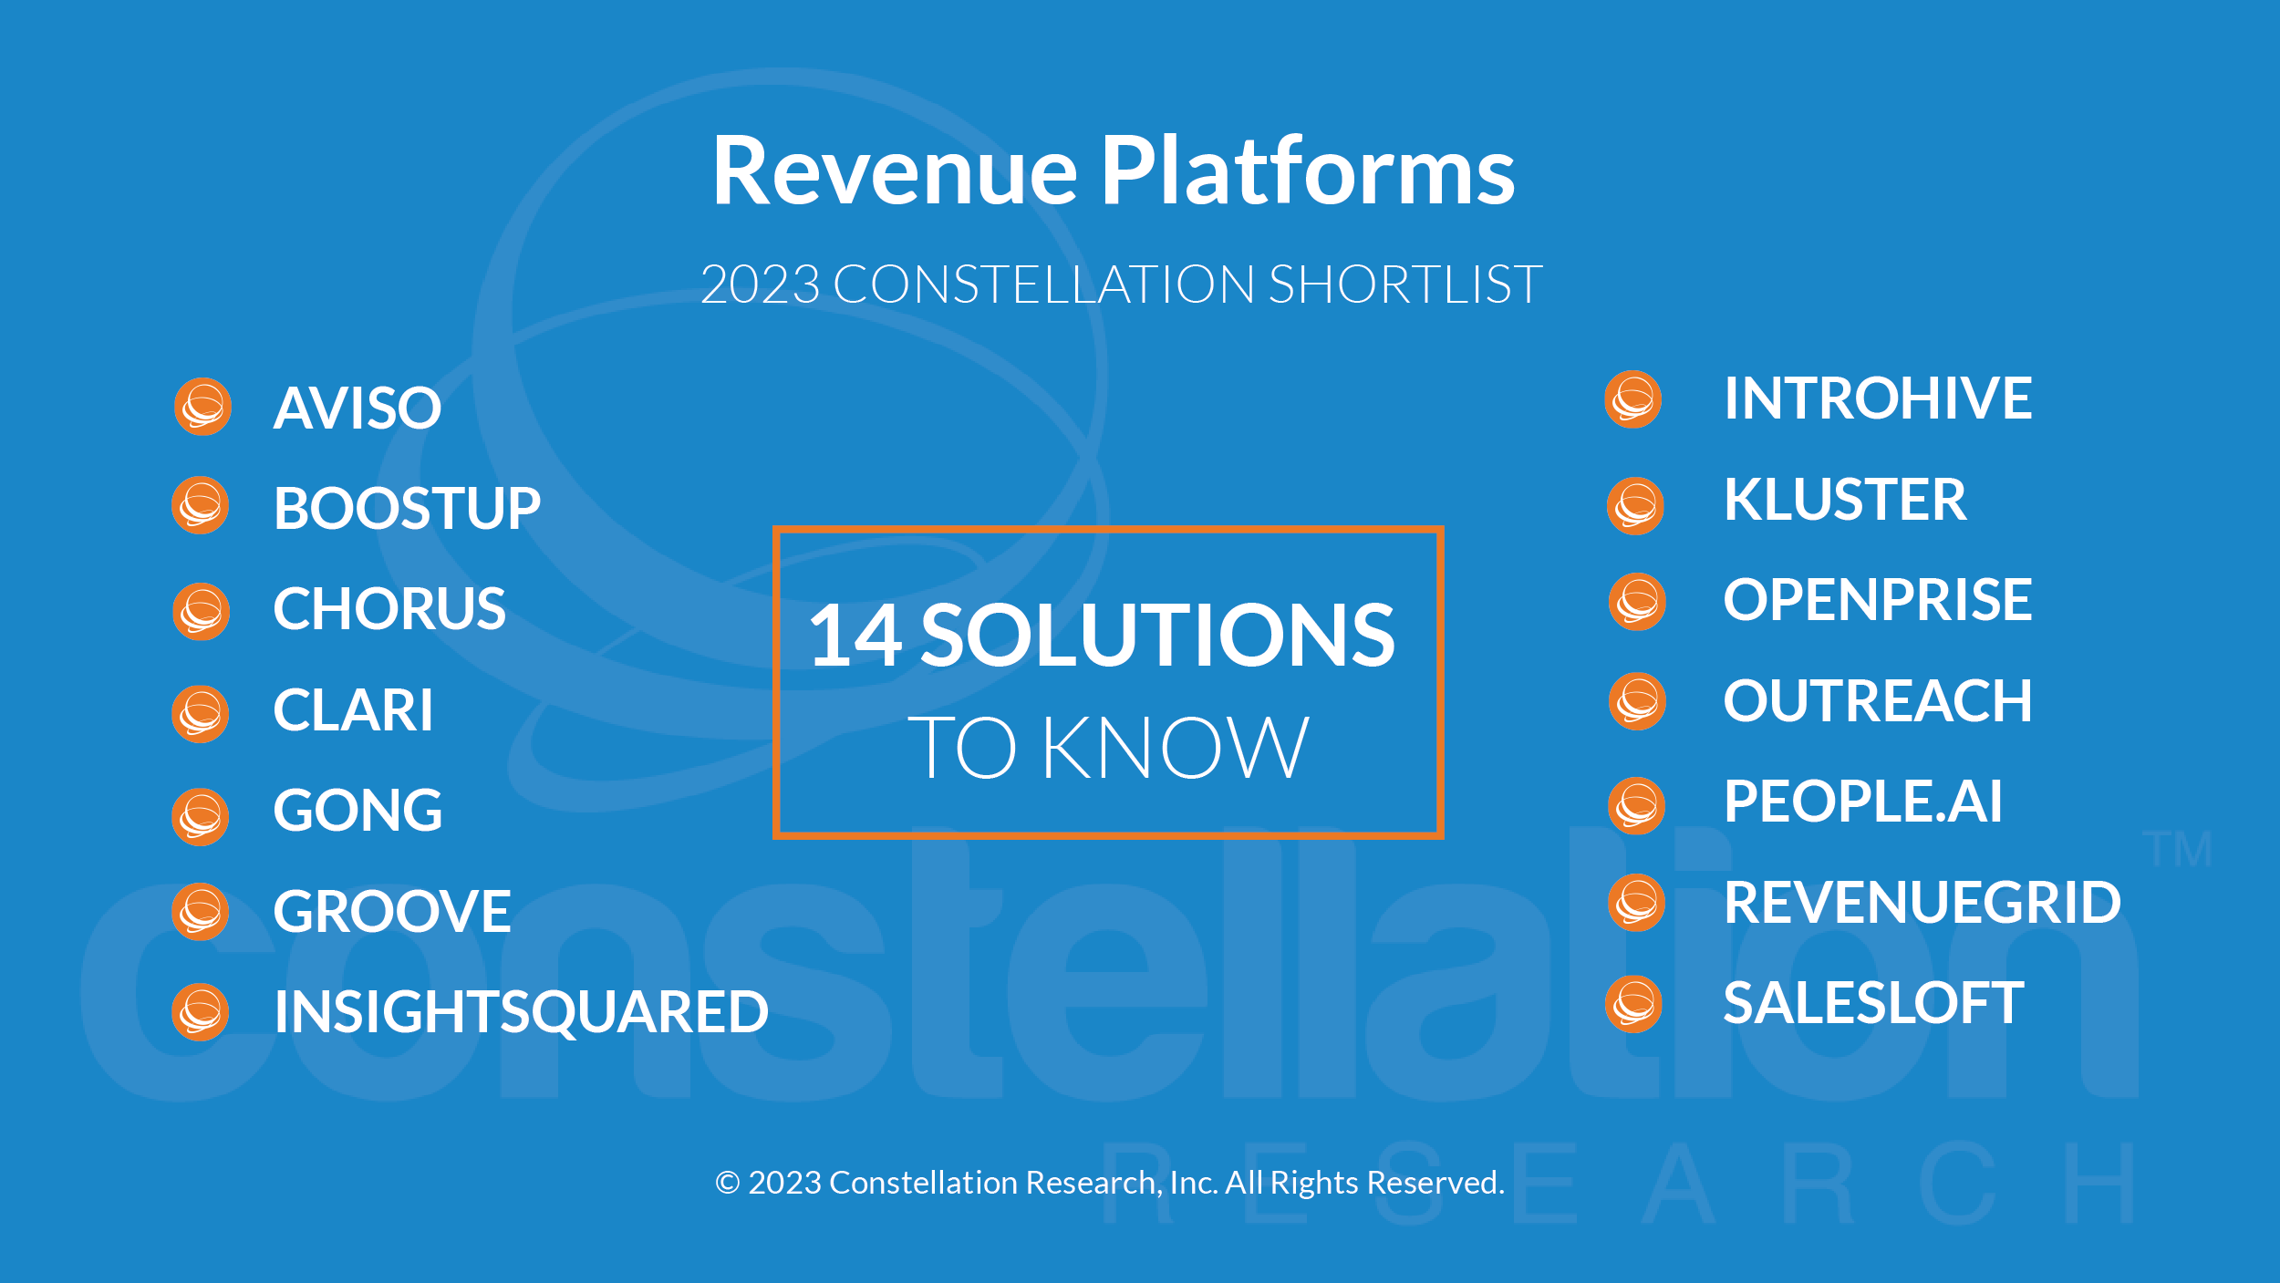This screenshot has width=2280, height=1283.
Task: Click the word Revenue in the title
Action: pos(895,171)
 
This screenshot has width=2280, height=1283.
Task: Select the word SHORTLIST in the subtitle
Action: pos(1405,285)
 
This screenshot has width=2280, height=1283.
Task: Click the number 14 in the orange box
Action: pos(855,636)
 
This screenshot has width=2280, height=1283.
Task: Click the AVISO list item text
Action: pos(358,408)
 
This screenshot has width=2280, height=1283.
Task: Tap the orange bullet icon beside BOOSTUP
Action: pos(201,505)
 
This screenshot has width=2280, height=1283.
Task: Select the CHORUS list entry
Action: pos(389,608)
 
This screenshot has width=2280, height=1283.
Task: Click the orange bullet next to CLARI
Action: pos(201,714)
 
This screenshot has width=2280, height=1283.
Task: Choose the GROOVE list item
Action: pos(392,911)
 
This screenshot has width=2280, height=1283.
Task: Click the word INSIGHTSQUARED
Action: pos(522,1012)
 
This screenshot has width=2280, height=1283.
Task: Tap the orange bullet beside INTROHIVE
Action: pos(1633,399)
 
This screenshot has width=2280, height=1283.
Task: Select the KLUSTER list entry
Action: pos(1845,500)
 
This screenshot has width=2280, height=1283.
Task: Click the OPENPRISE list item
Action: pos(1878,600)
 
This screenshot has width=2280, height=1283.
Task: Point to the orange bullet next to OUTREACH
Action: pos(1638,701)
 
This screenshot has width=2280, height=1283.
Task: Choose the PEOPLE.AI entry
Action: pos(1863,802)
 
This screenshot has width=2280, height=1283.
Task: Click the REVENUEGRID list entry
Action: pos(1922,903)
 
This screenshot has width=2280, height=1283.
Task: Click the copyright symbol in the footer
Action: pos(727,1183)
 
